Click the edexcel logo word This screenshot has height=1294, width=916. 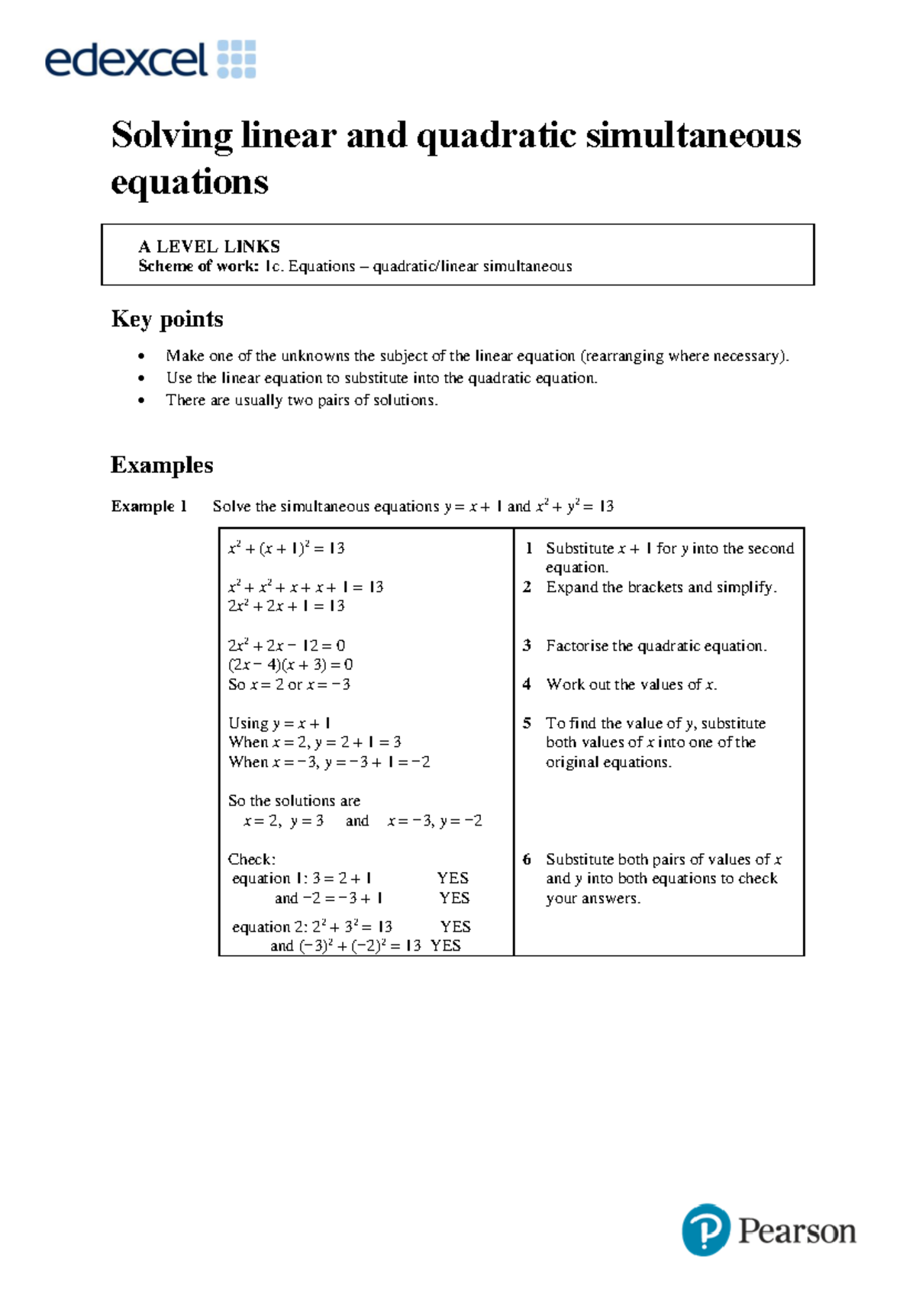click(126, 60)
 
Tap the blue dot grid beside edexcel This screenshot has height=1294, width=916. click(237, 59)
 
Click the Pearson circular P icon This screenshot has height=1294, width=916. click(705, 1229)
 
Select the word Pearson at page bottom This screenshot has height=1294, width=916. click(796, 1231)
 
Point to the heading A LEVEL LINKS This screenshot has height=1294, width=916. click(209, 246)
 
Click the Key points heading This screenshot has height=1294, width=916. click(167, 319)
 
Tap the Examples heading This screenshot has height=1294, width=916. click(162, 465)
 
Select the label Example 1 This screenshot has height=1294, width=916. click(149, 506)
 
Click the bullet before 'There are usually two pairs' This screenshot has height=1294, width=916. click(141, 401)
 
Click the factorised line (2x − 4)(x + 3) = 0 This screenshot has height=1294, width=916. click(290, 665)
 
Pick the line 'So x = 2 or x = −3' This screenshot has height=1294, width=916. click(289, 684)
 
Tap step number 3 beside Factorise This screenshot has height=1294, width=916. click(527, 645)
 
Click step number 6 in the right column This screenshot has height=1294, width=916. click(527, 859)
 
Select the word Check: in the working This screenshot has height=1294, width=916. click(252, 859)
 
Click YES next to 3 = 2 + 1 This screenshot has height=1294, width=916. click(453, 878)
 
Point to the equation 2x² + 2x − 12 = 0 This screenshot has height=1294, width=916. click(286, 645)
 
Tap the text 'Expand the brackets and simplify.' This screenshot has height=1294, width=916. click(661, 587)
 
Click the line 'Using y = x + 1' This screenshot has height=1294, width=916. click(279, 723)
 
